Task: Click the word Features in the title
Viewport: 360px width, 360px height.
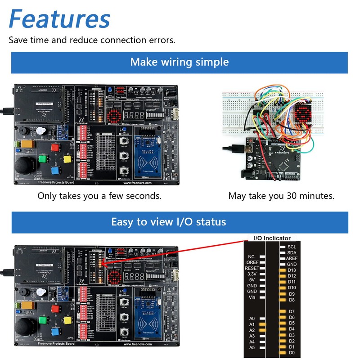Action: [x=59, y=19]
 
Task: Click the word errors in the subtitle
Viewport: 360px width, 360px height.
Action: [x=162, y=40]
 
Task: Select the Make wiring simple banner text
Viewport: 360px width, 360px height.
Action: [x=180, y=62]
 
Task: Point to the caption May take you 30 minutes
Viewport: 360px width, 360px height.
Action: [x=281, y=196]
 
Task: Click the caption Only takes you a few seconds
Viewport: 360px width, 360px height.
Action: [x=99, y=196]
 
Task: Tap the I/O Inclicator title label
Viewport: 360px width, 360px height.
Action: [x=272, y=238]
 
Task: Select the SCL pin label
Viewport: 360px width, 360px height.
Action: [x=292, y=247]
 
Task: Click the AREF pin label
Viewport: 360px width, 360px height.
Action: [x=292, y=258]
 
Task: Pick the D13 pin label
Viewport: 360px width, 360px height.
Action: [x=292, y=270]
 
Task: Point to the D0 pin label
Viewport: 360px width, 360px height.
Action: [x=292, y=352]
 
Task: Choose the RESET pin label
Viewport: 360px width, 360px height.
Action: [x=252, y=268]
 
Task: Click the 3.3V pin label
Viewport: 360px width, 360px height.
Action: [x=252, y=274]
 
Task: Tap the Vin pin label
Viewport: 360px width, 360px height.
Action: [x=252, y=297]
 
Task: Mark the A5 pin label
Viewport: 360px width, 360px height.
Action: [x=252, y=347]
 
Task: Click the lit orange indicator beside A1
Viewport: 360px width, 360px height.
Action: [x=263, y=324]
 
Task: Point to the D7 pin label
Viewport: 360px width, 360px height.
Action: [x=292, y=311]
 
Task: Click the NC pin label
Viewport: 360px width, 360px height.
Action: [x=252, y=256]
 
